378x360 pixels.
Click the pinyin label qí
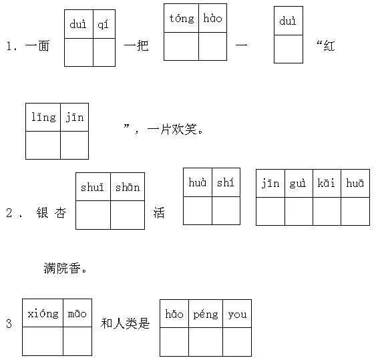click(x=103, y=24)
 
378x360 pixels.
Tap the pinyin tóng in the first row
click(x=182, y=19)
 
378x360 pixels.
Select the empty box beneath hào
click(x=212, y=46)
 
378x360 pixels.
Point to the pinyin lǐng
click(x=43, y=118)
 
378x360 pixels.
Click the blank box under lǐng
click(x=43, y=145)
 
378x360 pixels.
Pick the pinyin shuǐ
click(x=92, y=187)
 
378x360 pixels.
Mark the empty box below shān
click(x=128, y=215)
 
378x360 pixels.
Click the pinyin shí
click(x=226, y=182)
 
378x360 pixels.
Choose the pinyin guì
click(x=298, y=184)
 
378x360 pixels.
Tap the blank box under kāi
click(x=327, y=211)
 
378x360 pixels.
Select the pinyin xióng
click(x=43, y=314)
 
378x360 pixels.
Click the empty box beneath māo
click(x=77, y=341)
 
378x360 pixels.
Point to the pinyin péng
click(x=206, y=315)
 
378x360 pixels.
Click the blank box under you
click(x=237, y=342)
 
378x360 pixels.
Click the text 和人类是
click(x=126, y=323)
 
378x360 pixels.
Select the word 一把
click(x=136, y=45)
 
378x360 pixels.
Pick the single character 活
click(x=159, y=212)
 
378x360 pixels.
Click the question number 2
click(x=9, y=213)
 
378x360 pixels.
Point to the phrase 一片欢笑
click(x=172, y=130)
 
